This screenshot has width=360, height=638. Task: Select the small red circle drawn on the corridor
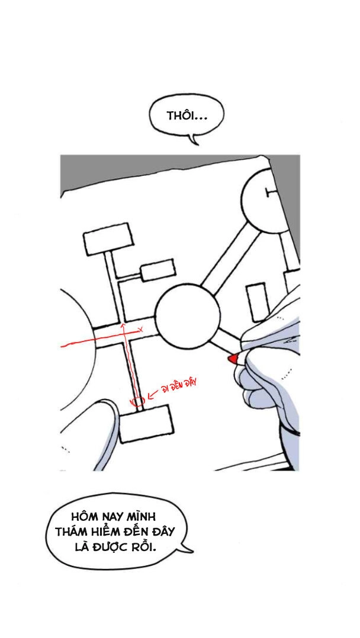pos(138,402)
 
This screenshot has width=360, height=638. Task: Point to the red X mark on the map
pos(140,329)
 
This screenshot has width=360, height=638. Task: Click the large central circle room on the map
pos(187,315)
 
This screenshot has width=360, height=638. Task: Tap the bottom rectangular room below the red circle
pos(146,423)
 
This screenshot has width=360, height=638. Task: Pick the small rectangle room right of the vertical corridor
pos(157,270)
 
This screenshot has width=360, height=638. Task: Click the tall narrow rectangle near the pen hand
pos(257,302)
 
